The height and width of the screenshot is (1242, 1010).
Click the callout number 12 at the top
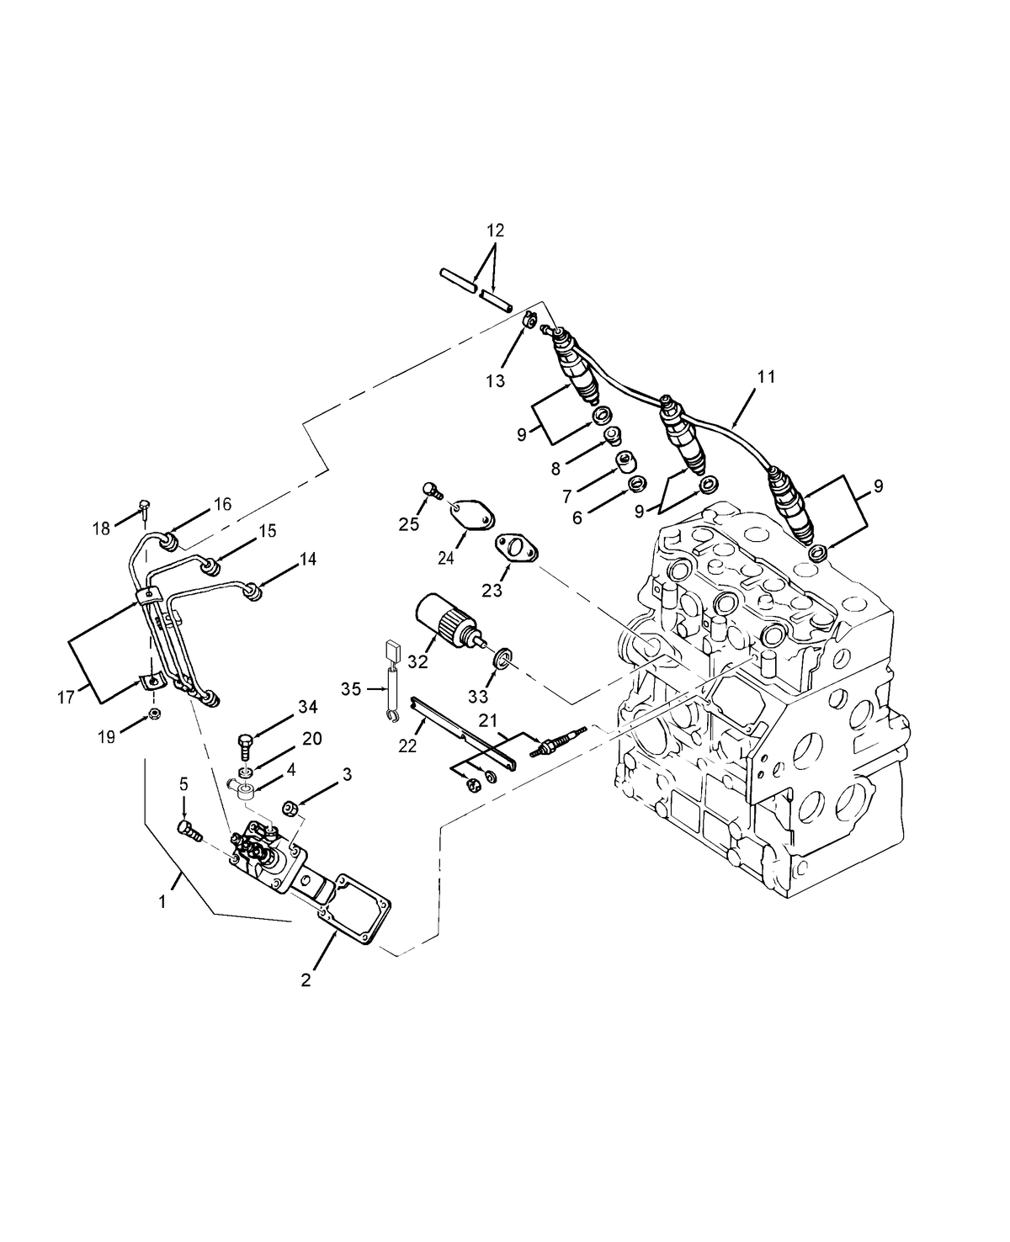point(495,230)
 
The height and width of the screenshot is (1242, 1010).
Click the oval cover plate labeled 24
point(473,512)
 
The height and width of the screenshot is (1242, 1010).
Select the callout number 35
point(351,689)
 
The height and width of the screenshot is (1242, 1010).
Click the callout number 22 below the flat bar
point(407,746)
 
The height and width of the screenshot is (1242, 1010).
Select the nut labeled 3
point(291,807)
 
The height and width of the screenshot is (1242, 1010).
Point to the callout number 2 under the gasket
point(306,979)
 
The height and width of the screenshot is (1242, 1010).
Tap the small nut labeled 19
point(155,715)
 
